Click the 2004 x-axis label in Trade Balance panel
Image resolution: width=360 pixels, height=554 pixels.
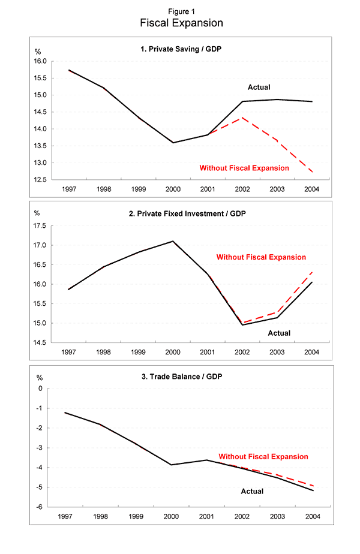pyautogui.click(x=313, y=516)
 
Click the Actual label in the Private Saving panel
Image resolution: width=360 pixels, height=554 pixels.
pyautogui.click(x=259, y=88)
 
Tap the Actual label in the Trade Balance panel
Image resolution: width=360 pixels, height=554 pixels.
pyautogui.click(x=253, y=492)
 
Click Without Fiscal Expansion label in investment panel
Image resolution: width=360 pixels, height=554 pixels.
pyautogui.click(x=261, y=257)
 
